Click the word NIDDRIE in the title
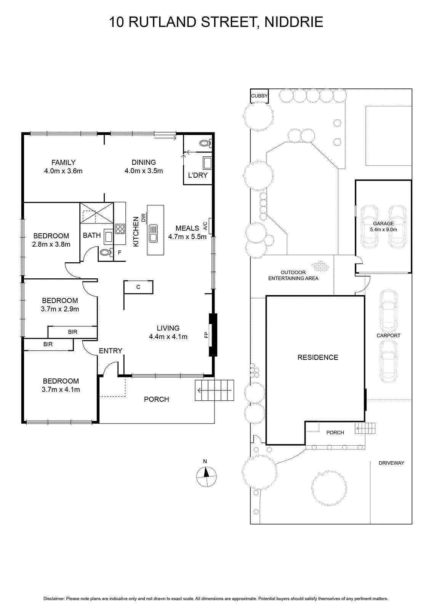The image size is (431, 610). pyautogui.click(x=294, y=22)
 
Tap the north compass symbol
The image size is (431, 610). pyautogui.click(x=207, y=476)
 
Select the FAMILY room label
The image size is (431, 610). pyautogui.click(x=63, y=162)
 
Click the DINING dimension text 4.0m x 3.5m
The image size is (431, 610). pyautogui.click(x=144, y=171)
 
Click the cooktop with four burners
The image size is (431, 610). pyautogui.click(x=120, y=229)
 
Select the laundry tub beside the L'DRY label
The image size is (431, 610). pyautogui.click(x=207, y=163)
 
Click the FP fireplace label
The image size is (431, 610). pyautogui.click(x=206, y=335)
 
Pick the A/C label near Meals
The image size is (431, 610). pyautogui.click(x=205, y=226)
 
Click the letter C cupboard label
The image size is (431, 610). pyautogui.click(x=138, y=287)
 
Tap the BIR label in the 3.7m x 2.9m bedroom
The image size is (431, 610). pyautogui.click(x=73, y=332)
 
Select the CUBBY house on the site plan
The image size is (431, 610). pyautogui.click(x=259, y=96)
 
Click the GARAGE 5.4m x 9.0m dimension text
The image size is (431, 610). pyautogui.click(x=383, y=230)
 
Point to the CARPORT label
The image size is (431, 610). pyautogui.click(x=389, y=335)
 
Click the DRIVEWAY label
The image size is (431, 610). pyautogui.click(x=391, y=463)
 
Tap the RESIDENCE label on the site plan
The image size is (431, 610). pyautogui.click(x=318, y=357)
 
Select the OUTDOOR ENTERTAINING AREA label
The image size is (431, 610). pyautogui.click(x=293, y=275)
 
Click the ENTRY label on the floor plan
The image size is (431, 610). pyautogui.click(x=111, y=351)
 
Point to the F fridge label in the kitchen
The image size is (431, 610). pyautogui.click(x=120, y=253)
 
